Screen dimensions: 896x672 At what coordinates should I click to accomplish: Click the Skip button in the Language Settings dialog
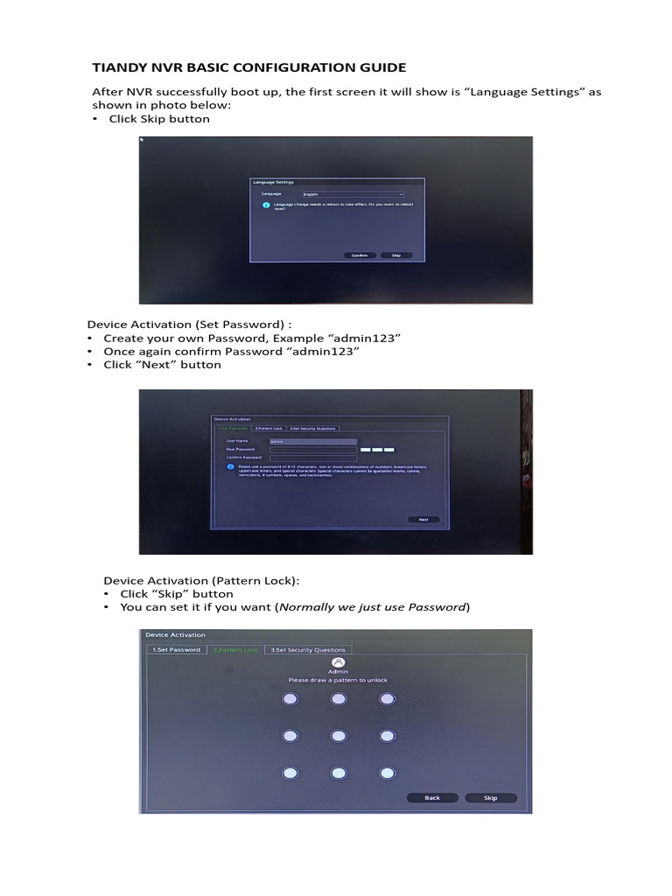(395, 255)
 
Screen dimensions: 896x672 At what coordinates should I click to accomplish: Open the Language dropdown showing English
(353, 192)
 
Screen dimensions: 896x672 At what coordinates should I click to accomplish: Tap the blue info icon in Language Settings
(266, 206)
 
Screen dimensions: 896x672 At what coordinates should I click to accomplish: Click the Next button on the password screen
(423, 519)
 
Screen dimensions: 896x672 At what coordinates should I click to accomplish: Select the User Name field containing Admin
(313, 442)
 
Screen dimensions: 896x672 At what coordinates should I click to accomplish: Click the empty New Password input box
(313, 450)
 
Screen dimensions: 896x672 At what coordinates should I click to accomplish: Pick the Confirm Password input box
(313, 458)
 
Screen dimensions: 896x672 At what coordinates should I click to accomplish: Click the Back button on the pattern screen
(432, 797)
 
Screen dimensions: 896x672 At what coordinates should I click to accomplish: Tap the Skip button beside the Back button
(491, 797)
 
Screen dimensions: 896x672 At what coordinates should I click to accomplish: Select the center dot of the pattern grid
(338, 736)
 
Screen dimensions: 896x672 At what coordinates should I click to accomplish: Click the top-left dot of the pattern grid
(290, 698)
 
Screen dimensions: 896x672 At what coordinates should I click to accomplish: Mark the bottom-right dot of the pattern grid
(386, 773)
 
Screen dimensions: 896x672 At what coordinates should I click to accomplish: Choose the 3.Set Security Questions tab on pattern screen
(307, 649)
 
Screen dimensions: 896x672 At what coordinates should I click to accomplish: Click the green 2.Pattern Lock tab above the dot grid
(235, 649)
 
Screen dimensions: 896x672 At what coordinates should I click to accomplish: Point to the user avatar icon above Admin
(338, 662)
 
